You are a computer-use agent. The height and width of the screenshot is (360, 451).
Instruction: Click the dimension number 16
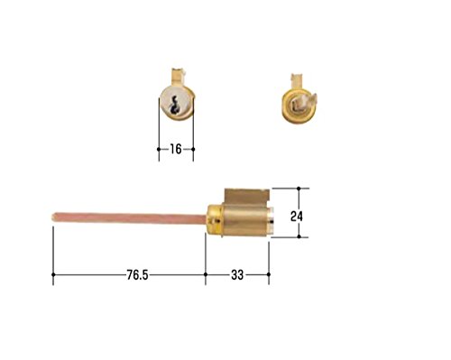click(x=176, y=149)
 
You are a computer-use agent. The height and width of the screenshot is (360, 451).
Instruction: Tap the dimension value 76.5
click(x=137, y=275)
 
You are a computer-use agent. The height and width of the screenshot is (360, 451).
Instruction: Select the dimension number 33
click(x=237, y=275)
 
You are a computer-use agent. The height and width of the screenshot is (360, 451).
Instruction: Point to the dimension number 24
click(x=297, y=217)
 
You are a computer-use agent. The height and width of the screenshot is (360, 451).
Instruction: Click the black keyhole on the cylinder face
click(x=173, y=106)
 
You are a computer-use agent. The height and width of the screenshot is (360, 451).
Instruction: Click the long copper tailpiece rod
click(x=130, y=217)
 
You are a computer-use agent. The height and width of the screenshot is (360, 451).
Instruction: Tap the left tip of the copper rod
click(x=52, y=217)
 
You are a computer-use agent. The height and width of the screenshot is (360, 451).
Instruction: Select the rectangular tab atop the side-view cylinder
click(x=246, y=197)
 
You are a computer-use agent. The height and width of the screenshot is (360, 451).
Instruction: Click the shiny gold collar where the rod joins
click(x=216, y=219)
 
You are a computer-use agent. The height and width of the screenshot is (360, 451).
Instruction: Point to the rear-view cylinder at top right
click(x=299, y=103)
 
